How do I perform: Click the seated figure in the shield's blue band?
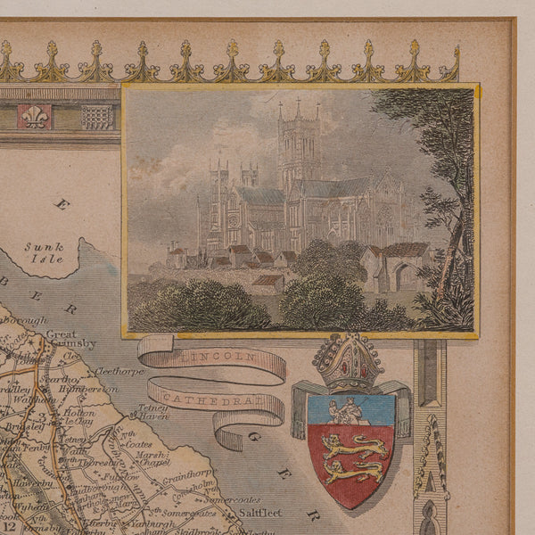(x=344, y=410)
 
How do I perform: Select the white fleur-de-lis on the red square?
(x=35, y=116)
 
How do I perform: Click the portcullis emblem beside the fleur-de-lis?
(x=97, y=116)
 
